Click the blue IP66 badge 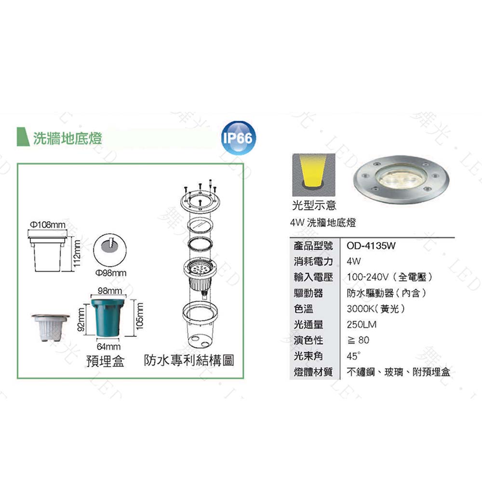238,138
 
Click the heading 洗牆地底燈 67,138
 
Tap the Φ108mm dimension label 48,225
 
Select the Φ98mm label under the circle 111,273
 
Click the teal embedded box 108,318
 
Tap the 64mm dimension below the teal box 108,347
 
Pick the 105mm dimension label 140,316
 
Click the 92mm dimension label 80,320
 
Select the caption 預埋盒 105,361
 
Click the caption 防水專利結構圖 189,360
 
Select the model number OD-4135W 371,246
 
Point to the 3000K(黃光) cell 375,308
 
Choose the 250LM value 361,324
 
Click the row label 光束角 308,356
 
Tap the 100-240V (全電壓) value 389,277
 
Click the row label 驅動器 308,293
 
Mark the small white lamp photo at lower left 50,327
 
